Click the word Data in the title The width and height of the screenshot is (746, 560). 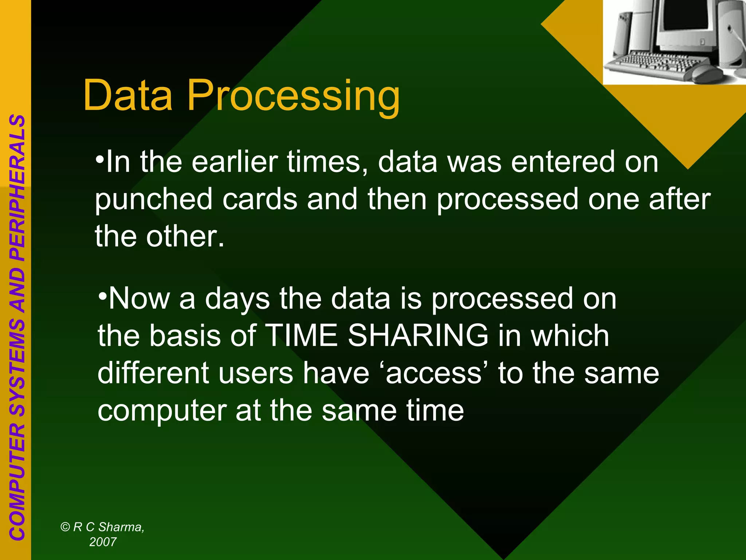(127, 96)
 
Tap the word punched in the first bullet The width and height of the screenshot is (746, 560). (153, 199)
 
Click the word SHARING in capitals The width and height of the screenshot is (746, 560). (418, 335)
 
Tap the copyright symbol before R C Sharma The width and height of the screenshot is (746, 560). (65, 527)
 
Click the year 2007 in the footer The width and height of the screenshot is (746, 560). (103, 542)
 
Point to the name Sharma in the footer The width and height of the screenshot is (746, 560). (121, 527)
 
